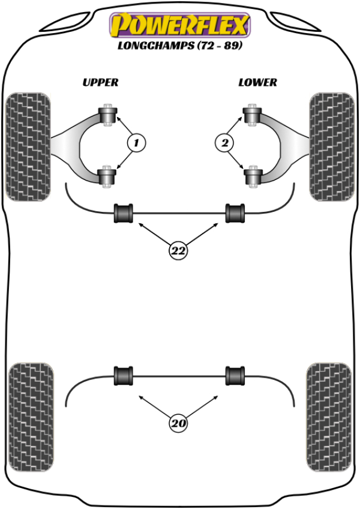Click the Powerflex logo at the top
(178, 25)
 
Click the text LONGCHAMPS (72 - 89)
(179, 46)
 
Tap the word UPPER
(100, 82)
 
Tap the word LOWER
(257, 82)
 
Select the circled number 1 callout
(136, 143)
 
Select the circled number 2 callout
(224, 143)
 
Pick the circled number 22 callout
(178, 251)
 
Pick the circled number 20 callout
(178, 424)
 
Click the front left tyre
(28, 146)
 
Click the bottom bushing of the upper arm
(109, 176)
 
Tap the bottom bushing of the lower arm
(251, 176)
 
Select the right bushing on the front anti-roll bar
(235, 213)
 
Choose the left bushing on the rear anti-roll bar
(124, 376)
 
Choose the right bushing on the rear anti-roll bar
(235, 376)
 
